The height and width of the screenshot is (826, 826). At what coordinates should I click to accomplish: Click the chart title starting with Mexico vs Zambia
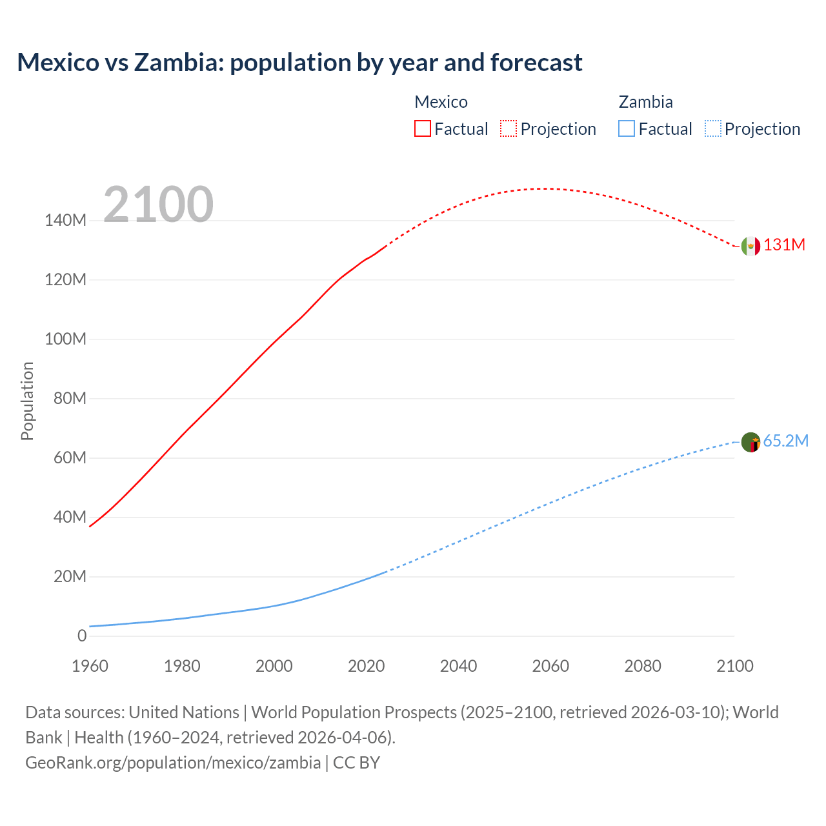[299, 63]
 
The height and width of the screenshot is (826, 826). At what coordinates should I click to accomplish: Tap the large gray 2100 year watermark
[158, 205]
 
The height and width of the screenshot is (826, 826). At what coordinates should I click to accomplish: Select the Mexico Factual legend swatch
[422, 128]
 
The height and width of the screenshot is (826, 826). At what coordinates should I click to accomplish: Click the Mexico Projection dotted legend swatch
[509, 128]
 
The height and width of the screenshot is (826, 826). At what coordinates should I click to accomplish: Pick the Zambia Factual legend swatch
[626, 128]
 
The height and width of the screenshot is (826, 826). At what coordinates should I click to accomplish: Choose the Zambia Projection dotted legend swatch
[712, 128]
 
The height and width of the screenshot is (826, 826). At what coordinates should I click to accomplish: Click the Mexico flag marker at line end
[750, 246]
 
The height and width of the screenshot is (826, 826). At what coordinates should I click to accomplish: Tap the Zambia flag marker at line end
[750, 442]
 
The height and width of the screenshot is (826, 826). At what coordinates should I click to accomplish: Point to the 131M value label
[785, 245]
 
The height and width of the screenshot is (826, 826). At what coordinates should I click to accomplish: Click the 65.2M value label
[785, 441]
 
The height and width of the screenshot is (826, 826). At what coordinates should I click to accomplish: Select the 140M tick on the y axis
[65, 221]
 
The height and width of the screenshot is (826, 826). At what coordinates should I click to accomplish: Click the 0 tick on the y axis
[82, 636]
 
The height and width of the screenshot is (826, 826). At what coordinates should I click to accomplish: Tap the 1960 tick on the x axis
[90, 666]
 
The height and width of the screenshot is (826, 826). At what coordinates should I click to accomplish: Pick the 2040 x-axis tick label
[458, 666]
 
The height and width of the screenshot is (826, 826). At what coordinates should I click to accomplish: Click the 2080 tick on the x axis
[643, 666]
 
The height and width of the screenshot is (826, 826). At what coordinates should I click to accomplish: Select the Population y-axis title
[27, 401]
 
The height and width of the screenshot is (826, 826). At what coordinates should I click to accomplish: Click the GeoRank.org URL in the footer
[173, 763]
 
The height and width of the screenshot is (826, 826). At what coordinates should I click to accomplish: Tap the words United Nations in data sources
[184, 712]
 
